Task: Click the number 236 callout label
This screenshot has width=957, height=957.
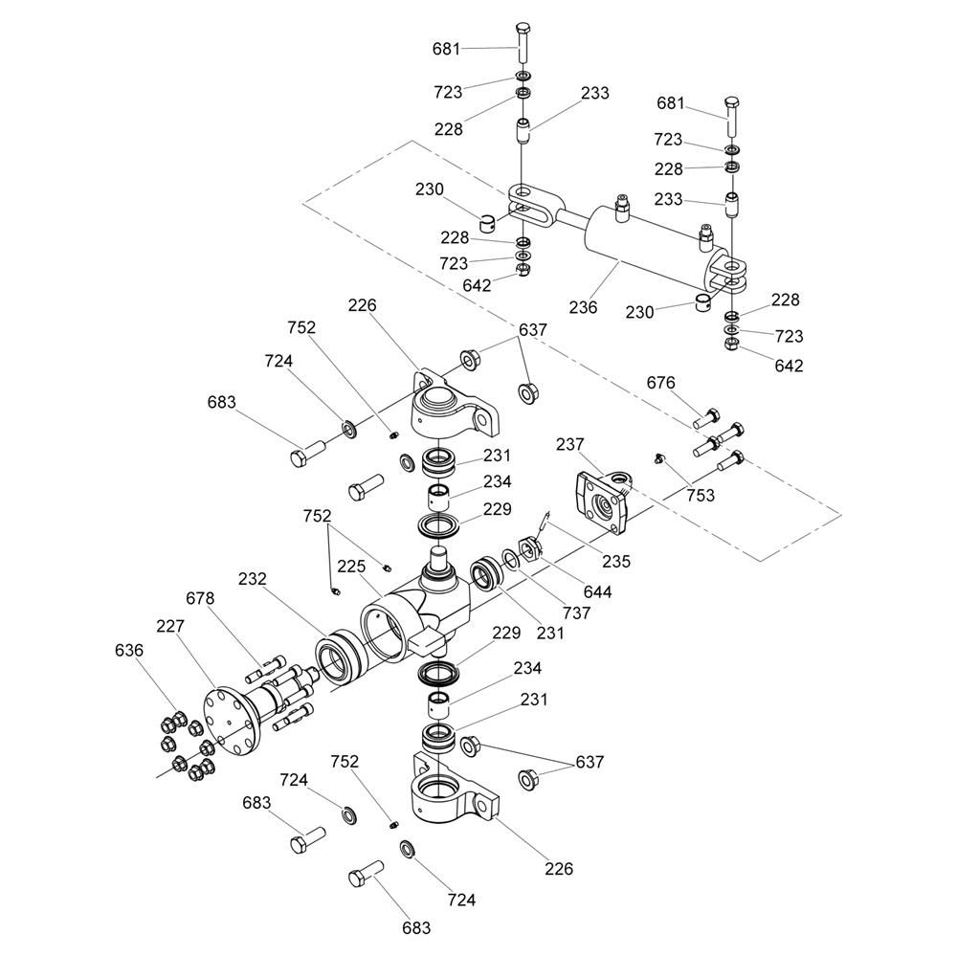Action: (583, 307)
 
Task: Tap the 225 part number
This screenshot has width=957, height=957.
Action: (351, 567)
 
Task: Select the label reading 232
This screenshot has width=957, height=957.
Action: (253, 580)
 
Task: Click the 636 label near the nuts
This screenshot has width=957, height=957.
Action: (128, 651)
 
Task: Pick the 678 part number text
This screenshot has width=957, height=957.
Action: (200, 599)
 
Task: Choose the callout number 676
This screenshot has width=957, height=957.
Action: (660, 383)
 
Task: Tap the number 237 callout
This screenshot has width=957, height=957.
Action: (570, 444)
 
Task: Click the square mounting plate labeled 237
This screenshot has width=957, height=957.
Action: (600, 502)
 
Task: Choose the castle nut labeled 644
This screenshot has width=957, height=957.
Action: (529, 552)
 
